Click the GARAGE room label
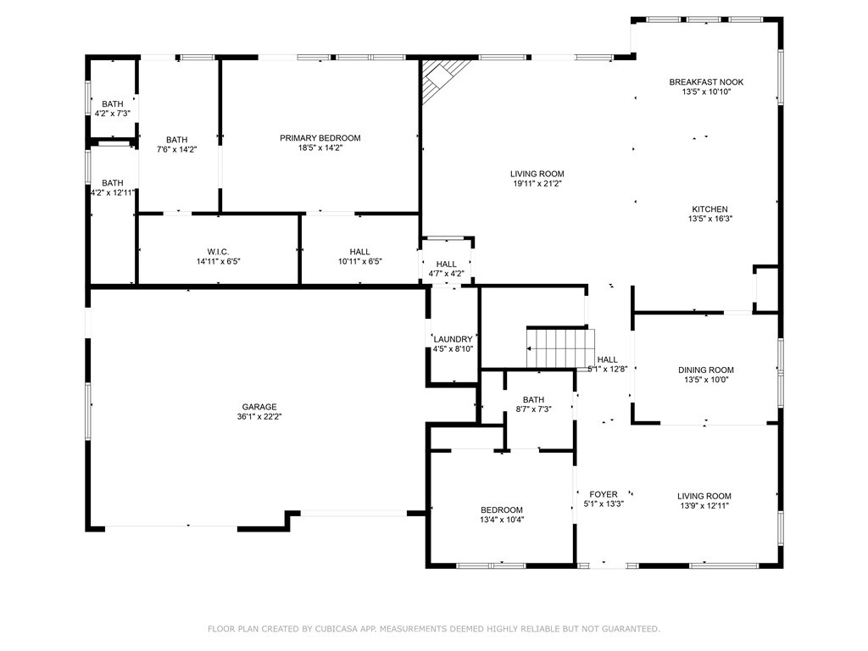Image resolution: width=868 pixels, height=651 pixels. (259, 407)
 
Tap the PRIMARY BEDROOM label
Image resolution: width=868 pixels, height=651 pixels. (320, 138)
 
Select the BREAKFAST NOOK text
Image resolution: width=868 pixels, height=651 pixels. (706, 82)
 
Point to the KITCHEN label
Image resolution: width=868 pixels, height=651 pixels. (709, 209)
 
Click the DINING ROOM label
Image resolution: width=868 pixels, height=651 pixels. (706, 370)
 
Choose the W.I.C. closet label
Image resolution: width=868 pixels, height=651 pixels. (218, 252)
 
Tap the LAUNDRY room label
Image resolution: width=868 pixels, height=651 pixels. (453, 339)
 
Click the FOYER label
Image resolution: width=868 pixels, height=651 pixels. (604, 494)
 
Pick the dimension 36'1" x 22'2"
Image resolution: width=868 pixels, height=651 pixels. (259, 417)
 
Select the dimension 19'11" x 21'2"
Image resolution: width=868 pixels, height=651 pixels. (537, 184)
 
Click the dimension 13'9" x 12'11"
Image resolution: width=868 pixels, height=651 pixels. (704, 506)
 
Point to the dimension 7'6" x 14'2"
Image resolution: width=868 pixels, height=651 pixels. (176, 149)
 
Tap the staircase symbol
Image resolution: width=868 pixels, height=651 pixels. (560, 348)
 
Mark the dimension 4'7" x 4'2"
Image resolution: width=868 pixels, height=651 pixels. (446, 274)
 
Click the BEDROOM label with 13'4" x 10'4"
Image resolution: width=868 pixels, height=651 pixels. (502, 509)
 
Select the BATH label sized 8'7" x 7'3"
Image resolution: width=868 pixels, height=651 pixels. (533, 400)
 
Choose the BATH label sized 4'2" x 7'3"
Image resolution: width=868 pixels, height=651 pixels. (113, 104)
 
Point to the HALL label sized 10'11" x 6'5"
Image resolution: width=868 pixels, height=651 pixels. (359, 252)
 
